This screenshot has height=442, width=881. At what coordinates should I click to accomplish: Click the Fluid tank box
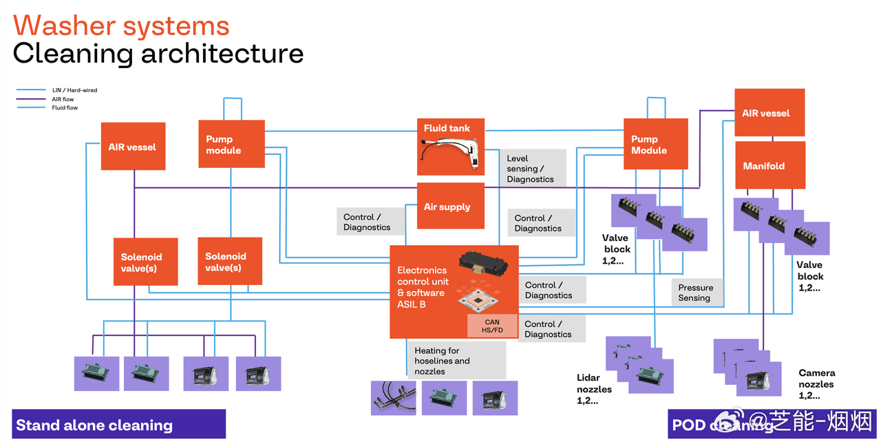451,147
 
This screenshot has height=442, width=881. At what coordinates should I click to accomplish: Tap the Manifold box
770,165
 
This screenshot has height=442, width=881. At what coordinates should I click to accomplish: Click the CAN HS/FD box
492,326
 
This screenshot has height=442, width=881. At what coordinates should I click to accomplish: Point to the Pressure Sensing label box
697,293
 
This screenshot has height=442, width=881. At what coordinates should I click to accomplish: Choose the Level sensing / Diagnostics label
531,169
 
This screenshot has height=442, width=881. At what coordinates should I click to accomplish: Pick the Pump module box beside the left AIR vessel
231,144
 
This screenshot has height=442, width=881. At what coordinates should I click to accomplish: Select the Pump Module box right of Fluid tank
655,144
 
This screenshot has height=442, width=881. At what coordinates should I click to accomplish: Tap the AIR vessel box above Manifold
769,113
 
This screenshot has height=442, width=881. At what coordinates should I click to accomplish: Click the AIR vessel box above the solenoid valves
133,147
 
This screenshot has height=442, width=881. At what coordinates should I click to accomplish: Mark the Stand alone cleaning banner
119,425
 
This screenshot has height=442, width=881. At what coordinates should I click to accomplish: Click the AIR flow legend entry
63,99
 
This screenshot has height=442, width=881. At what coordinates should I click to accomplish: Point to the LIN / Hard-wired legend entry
74,90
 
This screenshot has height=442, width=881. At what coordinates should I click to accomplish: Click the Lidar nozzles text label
594,389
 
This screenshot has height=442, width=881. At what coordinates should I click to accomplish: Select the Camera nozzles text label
816,384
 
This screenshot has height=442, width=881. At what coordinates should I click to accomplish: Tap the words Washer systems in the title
121,26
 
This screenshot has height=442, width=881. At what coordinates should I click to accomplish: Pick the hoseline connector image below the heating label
393,398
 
